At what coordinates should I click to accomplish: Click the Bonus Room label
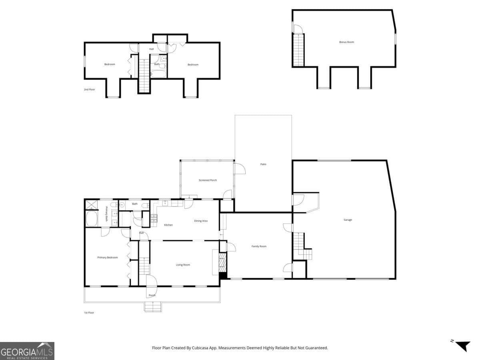[x=346, y=42]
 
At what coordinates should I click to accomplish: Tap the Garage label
[x=348, y=220]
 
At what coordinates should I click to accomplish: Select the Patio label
[x=263, y=164]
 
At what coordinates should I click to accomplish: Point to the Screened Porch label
[x=208, y=180]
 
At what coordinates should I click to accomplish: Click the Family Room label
[x=259, y=246]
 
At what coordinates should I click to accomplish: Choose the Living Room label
[x=183, y=265]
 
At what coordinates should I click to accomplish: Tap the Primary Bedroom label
[x=108, y=258]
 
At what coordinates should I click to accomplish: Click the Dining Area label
[x=201, y=221]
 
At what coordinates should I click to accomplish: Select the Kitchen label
[x=168, y=225]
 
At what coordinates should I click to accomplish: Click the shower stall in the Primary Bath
[x=91, y=205]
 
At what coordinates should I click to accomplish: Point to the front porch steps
[x=153, y=307]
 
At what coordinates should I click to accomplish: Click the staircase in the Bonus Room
[x=298, y=50]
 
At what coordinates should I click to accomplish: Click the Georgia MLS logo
[x=27, y=351]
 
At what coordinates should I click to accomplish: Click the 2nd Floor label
[x=89, y=90]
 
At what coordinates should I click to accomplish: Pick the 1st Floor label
[x=89, y=312]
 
